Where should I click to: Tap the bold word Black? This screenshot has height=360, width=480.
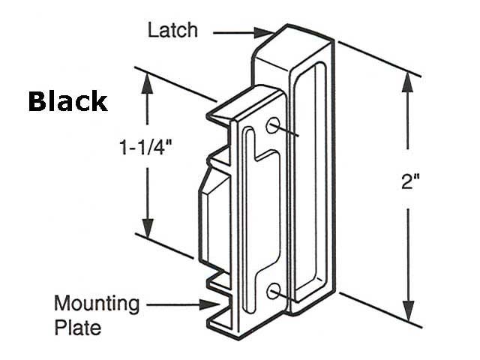pyautogui.click(x=67, y=102)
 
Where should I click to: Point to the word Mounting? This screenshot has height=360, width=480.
pyautogui.click(x=97, y=304)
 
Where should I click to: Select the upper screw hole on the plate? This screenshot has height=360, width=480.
pyautogui.click(x=274, y=124)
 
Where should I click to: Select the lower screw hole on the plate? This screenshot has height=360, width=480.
pyautogui.click(x=274, y=291)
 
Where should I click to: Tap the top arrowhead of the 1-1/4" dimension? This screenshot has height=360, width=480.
pyautogui.click(x=147, y=80)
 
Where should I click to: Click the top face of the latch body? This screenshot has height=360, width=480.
pyautogui.click(x=292, y=41)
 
